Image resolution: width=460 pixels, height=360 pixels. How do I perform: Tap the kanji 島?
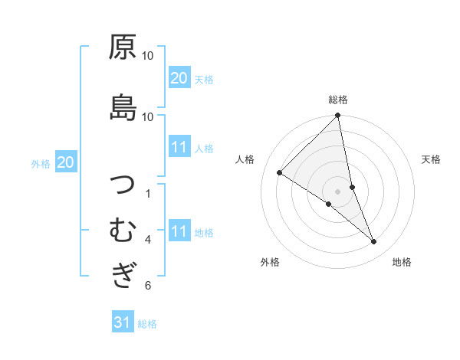click(x=123, y=106)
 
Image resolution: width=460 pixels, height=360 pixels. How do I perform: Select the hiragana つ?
click(x=123, y=186)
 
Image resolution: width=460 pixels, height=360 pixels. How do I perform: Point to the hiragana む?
click(x=123, y=230)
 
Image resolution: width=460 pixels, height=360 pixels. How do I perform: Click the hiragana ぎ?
click(x=123, y=274)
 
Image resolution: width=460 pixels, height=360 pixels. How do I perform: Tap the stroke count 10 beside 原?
click(x=148, y=56)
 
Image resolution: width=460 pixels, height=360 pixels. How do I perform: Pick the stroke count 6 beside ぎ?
click(x=148, y=286)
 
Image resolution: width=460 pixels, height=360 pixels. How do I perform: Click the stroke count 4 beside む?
click(x=148, y=240)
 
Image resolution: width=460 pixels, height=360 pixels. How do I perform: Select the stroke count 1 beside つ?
click(x=148, y=193)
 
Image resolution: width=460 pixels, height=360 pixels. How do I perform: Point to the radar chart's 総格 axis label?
click(x=338, y=100)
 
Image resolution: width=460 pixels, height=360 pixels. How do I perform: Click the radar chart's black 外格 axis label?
click(x=270, y=262)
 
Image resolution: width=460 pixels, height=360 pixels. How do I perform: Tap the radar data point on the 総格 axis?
click(x=338, y=116)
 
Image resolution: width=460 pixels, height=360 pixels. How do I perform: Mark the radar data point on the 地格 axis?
click(x=374, y=242)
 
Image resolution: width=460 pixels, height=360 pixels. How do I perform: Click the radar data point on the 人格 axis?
click(x=280, y=172)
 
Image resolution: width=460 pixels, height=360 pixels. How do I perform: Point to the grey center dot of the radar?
click(x=338, y=191)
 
